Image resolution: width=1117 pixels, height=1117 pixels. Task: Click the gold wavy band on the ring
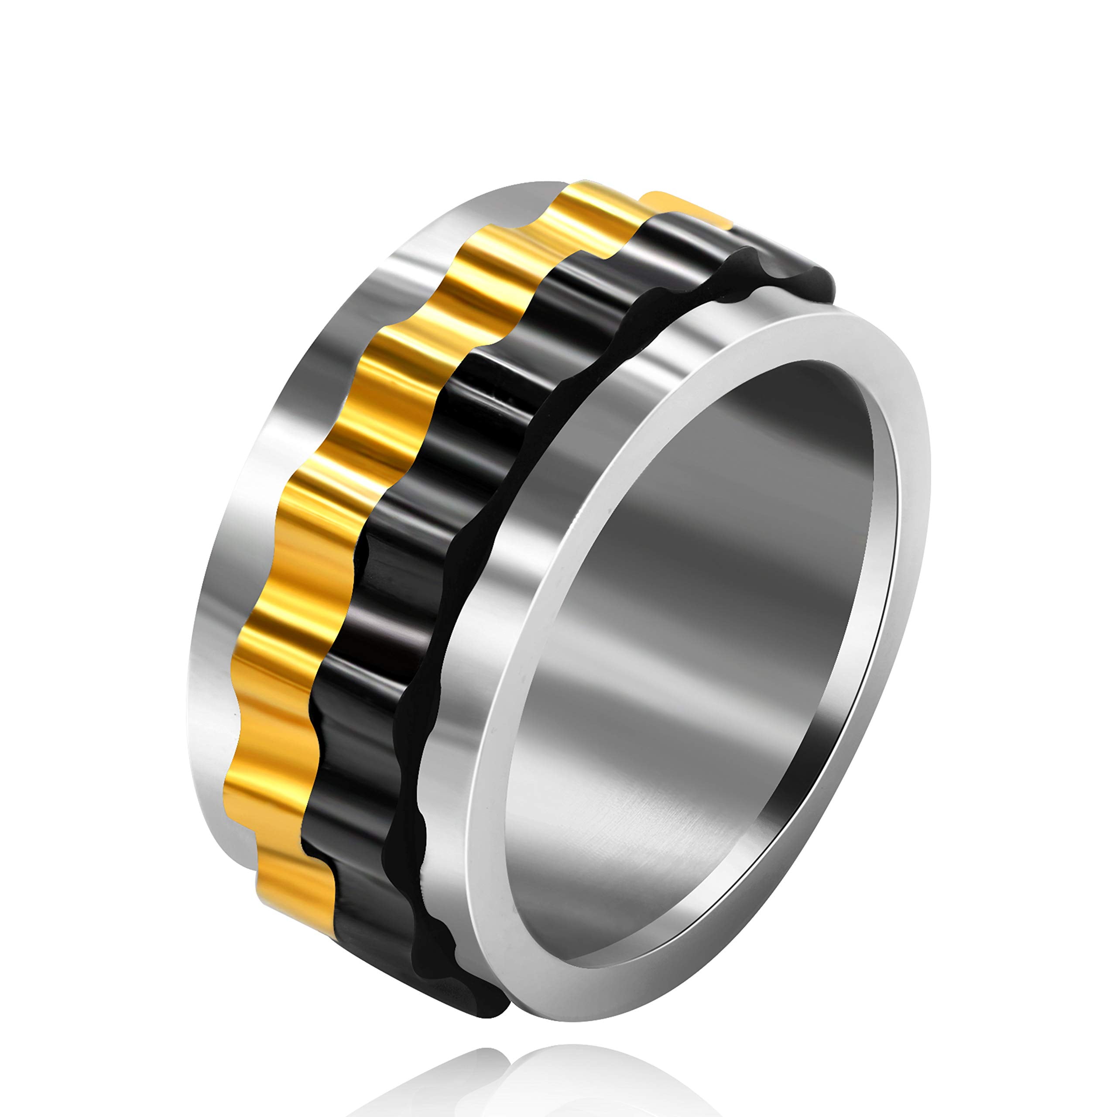[324, 521]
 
